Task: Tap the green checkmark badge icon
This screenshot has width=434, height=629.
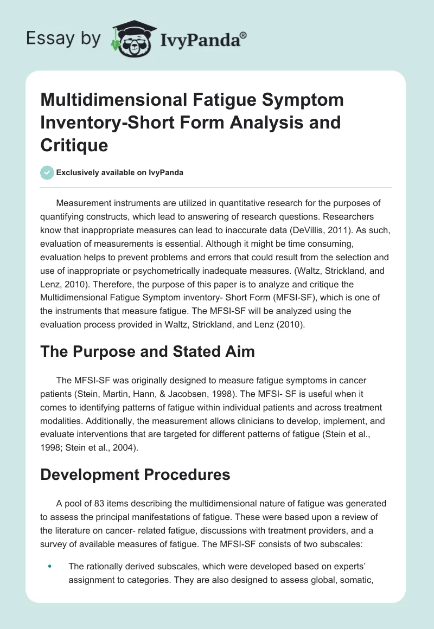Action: [48, 172]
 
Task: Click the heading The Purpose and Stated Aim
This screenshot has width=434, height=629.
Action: [148, 352]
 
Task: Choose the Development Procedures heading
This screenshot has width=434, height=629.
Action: [136, 475]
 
